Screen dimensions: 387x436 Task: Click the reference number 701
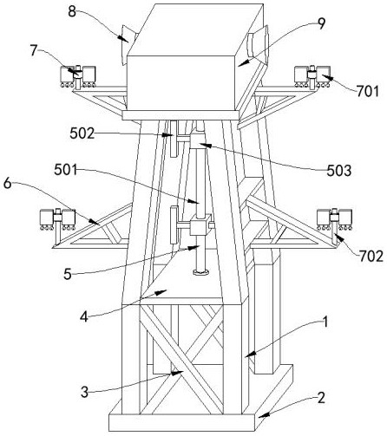point(367,92)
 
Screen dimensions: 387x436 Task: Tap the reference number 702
point(371,256)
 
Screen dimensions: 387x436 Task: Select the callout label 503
point(339,171)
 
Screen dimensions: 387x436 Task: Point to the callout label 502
point(82,133)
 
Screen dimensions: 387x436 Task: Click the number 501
point(66,170)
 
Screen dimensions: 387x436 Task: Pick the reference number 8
point(72,11)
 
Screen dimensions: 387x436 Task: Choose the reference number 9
point(321,23)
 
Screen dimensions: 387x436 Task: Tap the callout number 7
point(34,51)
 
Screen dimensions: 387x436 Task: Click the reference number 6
point(7,184)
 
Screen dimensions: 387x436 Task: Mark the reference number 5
point(68,274)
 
